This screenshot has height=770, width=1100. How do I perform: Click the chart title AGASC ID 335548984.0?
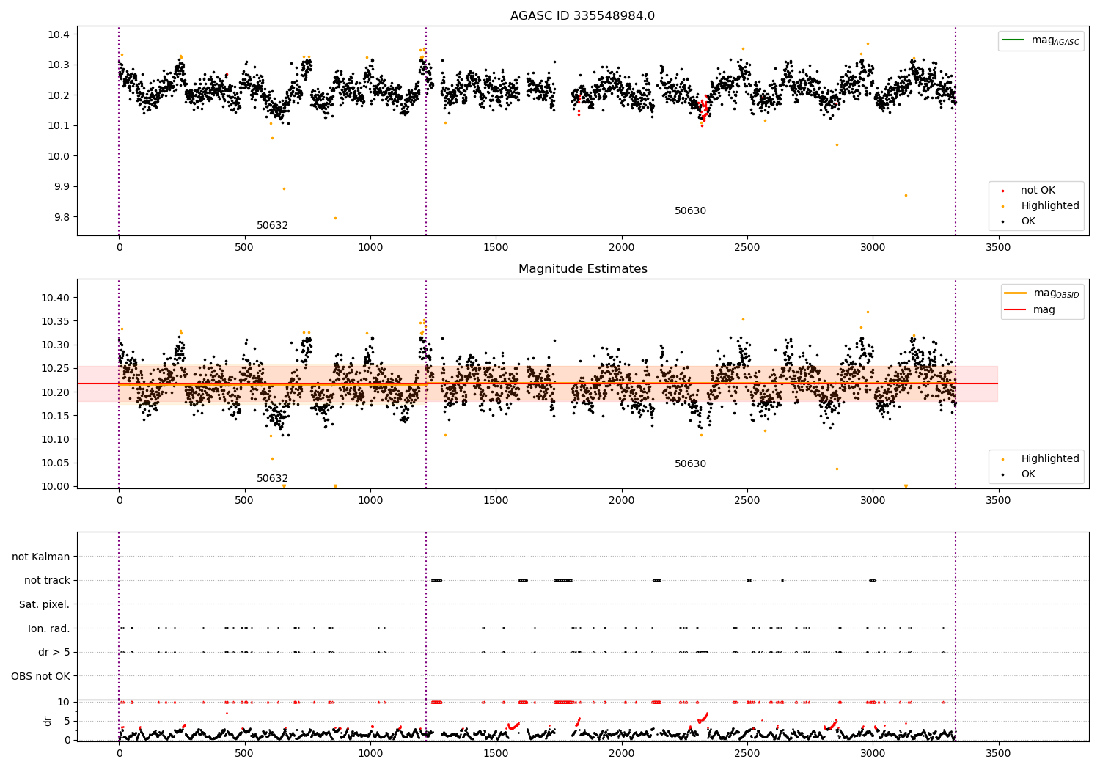(x=582, y=16)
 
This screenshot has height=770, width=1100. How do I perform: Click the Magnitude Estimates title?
(x=582, y=269)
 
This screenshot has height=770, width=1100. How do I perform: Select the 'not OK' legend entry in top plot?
(x=1037, y=191)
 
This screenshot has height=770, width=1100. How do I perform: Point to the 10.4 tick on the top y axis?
(x=59, y=34)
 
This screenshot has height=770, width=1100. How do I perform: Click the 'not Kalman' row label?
(x=41, y=557)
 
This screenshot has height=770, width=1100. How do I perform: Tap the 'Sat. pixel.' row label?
(x=44, y=604)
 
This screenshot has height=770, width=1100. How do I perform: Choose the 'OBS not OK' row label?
(x=40, y=676)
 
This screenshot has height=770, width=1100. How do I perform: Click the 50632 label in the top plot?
(x=272, y=226)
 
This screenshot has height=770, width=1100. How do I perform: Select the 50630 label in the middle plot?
(x=690, y=464)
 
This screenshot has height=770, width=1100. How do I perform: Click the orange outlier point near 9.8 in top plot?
(x=335, y=218)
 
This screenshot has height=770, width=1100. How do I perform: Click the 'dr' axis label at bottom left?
(x=48, y=721)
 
